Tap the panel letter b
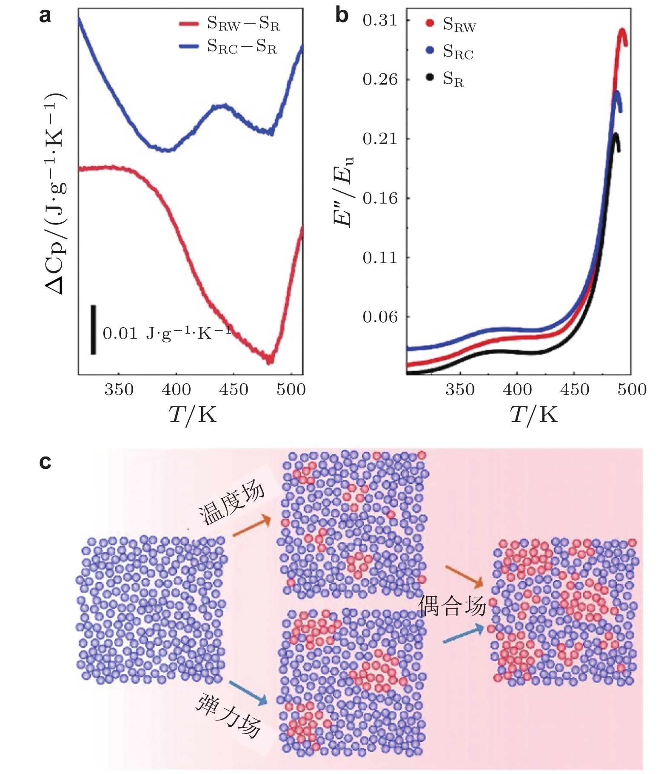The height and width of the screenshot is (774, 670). tap(342, 16)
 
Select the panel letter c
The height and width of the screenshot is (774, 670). tap(45, 462)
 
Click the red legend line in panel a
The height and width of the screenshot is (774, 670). tap(188, 24)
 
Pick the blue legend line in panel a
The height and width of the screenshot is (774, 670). tap(188, 46)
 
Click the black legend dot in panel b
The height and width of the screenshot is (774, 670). tap(430, 77)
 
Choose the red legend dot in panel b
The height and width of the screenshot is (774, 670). tap(430, 23)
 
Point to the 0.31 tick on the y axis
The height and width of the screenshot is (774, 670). tap(380, 20)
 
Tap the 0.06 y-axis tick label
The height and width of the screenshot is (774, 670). tap(380, 317)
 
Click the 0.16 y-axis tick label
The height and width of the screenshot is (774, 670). tap(380, 198)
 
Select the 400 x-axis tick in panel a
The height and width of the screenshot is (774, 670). tap(176, 389)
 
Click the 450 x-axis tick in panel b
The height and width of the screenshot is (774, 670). tap(574, 389)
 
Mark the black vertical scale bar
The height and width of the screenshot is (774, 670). tap(93, 329)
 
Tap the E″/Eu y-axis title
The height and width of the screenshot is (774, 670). tap(343, 192)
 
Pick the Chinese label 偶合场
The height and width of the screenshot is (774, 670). tap(452, 606)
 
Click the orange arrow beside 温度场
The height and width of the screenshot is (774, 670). tap(251, 527)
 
